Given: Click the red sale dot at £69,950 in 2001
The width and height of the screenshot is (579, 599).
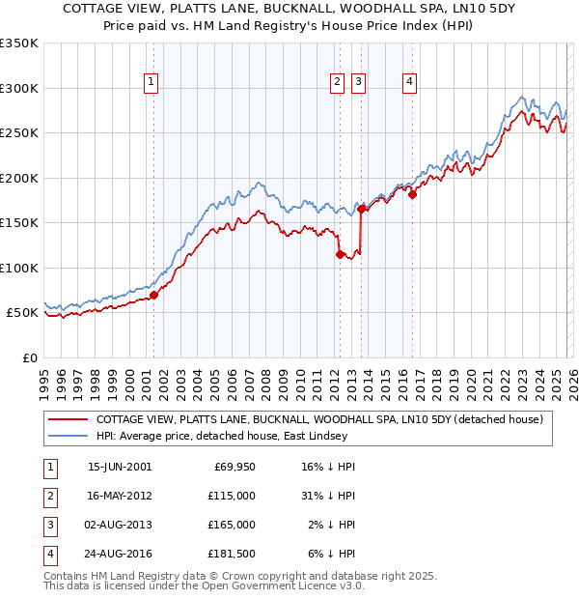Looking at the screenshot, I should [153, 295].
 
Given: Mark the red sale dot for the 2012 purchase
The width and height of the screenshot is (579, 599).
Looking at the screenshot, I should [340, 254].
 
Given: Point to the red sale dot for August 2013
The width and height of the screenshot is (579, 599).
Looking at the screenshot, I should [361, 209].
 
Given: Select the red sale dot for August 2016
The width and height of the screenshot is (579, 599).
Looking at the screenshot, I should [412, 194].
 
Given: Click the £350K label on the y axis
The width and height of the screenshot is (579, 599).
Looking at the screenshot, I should [19, 43].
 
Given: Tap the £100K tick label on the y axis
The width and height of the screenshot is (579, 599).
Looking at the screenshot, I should [19, 268].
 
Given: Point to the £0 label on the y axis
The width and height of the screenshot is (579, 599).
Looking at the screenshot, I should [29, 357].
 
